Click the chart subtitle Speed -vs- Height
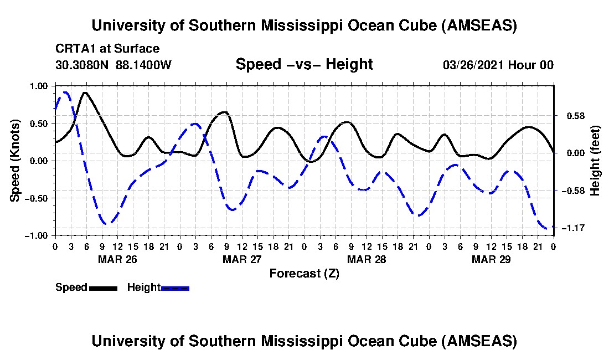(304, 64)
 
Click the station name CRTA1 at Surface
(107, 49)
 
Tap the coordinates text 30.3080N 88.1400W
(113, 65)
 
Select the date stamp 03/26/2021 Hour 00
(498, 65)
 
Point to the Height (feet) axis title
(595, 161)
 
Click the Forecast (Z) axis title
(304, 273)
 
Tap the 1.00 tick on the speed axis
(39, 86)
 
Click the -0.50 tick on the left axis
(37, 198)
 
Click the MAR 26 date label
(117, 259)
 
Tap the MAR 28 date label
(366, 259)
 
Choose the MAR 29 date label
(491, 259)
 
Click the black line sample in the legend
(102, 287)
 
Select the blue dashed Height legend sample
(175, 287)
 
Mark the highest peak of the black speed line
(85, 93)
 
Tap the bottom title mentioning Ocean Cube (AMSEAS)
(304, 341)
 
